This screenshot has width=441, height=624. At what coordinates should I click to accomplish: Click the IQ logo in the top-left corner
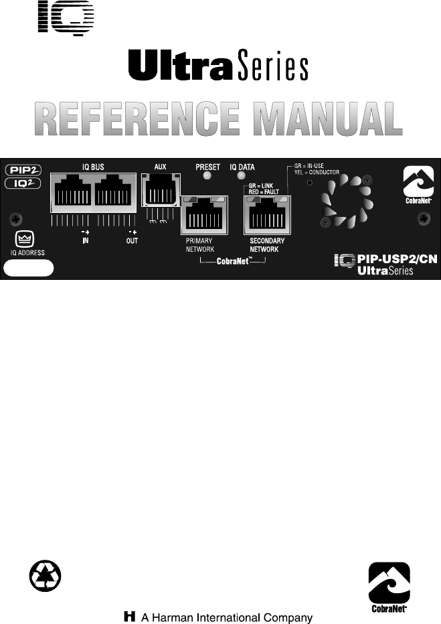tap(66, 17)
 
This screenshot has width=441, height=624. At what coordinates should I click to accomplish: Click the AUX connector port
tap(157, 190)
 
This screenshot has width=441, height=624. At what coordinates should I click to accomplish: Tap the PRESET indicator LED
tap(207, 177)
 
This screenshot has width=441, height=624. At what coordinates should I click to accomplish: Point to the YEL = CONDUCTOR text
tap(317, 172)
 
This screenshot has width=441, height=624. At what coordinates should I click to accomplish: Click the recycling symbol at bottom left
tap(46, 575)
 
